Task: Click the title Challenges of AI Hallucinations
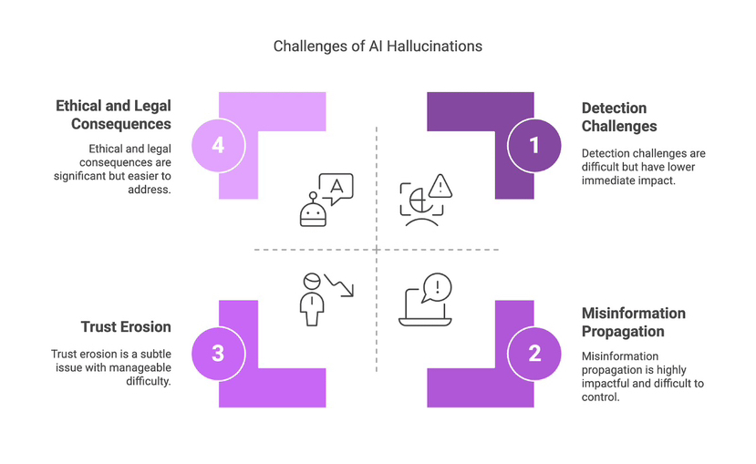(378, 46)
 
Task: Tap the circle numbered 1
(534, 145)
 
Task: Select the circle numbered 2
(534, 353)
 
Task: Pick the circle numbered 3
(218, 353)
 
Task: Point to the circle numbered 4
(218, 145)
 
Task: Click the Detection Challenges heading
(619, 118)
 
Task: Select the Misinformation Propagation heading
(634, 322)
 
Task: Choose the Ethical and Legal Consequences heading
(113, 116)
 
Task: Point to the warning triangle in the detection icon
(440, 186)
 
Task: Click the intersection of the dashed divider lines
(377, 249)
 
